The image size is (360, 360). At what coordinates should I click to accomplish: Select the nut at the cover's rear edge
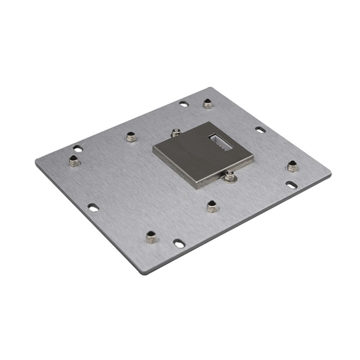pyautogui.click(x=176, y=132)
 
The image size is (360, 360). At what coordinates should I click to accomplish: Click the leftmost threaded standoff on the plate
pyautogui.click(x=74, y=161)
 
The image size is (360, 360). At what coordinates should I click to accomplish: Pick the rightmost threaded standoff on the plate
pyautogui.click(x=292, y=166)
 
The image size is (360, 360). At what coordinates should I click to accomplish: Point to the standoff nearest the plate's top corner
pyautogui.click(x=207, y=103)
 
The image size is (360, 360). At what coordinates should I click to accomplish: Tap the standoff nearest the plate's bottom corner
pyautogui.click(x=152, y=237)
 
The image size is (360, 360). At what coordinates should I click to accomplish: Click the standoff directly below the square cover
pyautogui.click(x=212, y=206)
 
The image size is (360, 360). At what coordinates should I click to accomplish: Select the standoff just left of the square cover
pyautogui.click(x=131, y=137)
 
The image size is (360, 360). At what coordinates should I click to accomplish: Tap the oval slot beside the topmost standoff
pyautogui.click(x=184, y=103)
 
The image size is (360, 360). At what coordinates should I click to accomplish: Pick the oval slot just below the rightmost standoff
pyautogui.click(x=291, y=184)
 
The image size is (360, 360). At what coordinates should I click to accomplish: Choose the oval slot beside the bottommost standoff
pyautogui.click(x=179, y=244)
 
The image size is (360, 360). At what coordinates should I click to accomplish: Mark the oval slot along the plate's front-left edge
pyautogui.click(x=94, y=207)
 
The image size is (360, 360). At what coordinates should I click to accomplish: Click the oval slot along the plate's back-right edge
pyautogui.click(x=260, y=130)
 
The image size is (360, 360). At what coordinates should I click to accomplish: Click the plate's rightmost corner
pyautogui.click(x=331, y=173)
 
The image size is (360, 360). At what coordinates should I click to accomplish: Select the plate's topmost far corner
pyautogui.click(x=211, y=87)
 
